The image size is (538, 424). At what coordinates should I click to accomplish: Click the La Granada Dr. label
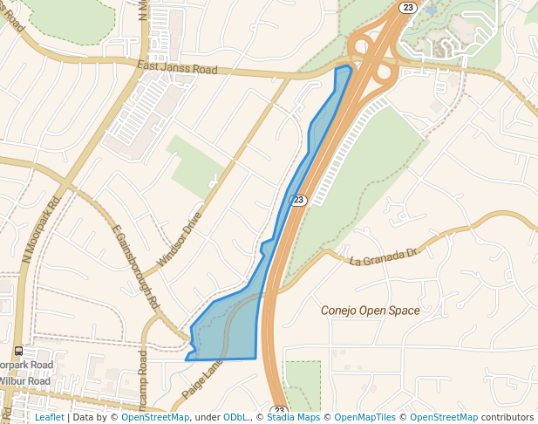(385, 257)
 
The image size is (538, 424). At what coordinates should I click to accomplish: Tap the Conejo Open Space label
(370, 311)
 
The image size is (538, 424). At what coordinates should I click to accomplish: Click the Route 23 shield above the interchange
(408, 7)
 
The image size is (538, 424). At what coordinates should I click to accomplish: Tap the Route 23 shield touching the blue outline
(299, 200)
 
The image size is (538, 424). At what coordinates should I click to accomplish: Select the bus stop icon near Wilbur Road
(18, 352)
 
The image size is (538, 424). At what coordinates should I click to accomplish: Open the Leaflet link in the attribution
(50, 417)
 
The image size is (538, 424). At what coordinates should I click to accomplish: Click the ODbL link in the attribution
(235, 417)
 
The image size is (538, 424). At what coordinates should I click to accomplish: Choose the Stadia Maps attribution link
(293, 417)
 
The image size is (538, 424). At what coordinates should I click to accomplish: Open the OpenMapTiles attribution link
(364, 417)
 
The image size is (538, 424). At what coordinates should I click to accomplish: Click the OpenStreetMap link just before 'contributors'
(443, 417)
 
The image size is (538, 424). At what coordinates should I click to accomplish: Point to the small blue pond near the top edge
(431, 10)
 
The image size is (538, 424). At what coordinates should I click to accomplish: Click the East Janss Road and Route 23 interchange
(376, 63)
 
